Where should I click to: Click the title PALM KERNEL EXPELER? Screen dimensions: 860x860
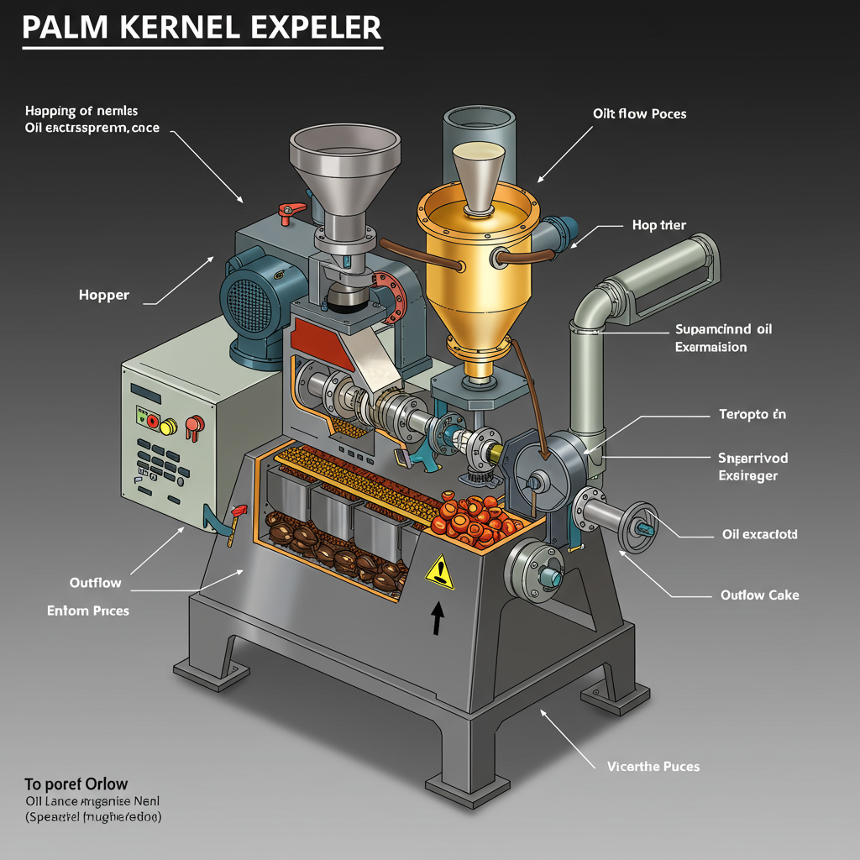tap(202, 27)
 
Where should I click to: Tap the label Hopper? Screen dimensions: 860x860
tap(104, 296)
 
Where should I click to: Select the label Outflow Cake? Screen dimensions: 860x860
tap(759, 595)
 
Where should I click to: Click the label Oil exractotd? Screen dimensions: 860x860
tap(760, 534)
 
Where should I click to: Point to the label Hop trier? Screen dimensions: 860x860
tap(659, 225)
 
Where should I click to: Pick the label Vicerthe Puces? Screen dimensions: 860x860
tap(653, 766)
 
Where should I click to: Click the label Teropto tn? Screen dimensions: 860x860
tap(752, 414)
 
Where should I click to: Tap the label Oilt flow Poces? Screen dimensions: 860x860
tap(639, 113)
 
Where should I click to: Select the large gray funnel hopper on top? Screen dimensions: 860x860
tap(344, 160)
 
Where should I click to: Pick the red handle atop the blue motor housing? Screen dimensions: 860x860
tap(286, 210)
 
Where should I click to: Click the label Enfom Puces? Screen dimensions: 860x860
tap(88, 611)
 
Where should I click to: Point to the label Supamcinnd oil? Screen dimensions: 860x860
tap(723, 329)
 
